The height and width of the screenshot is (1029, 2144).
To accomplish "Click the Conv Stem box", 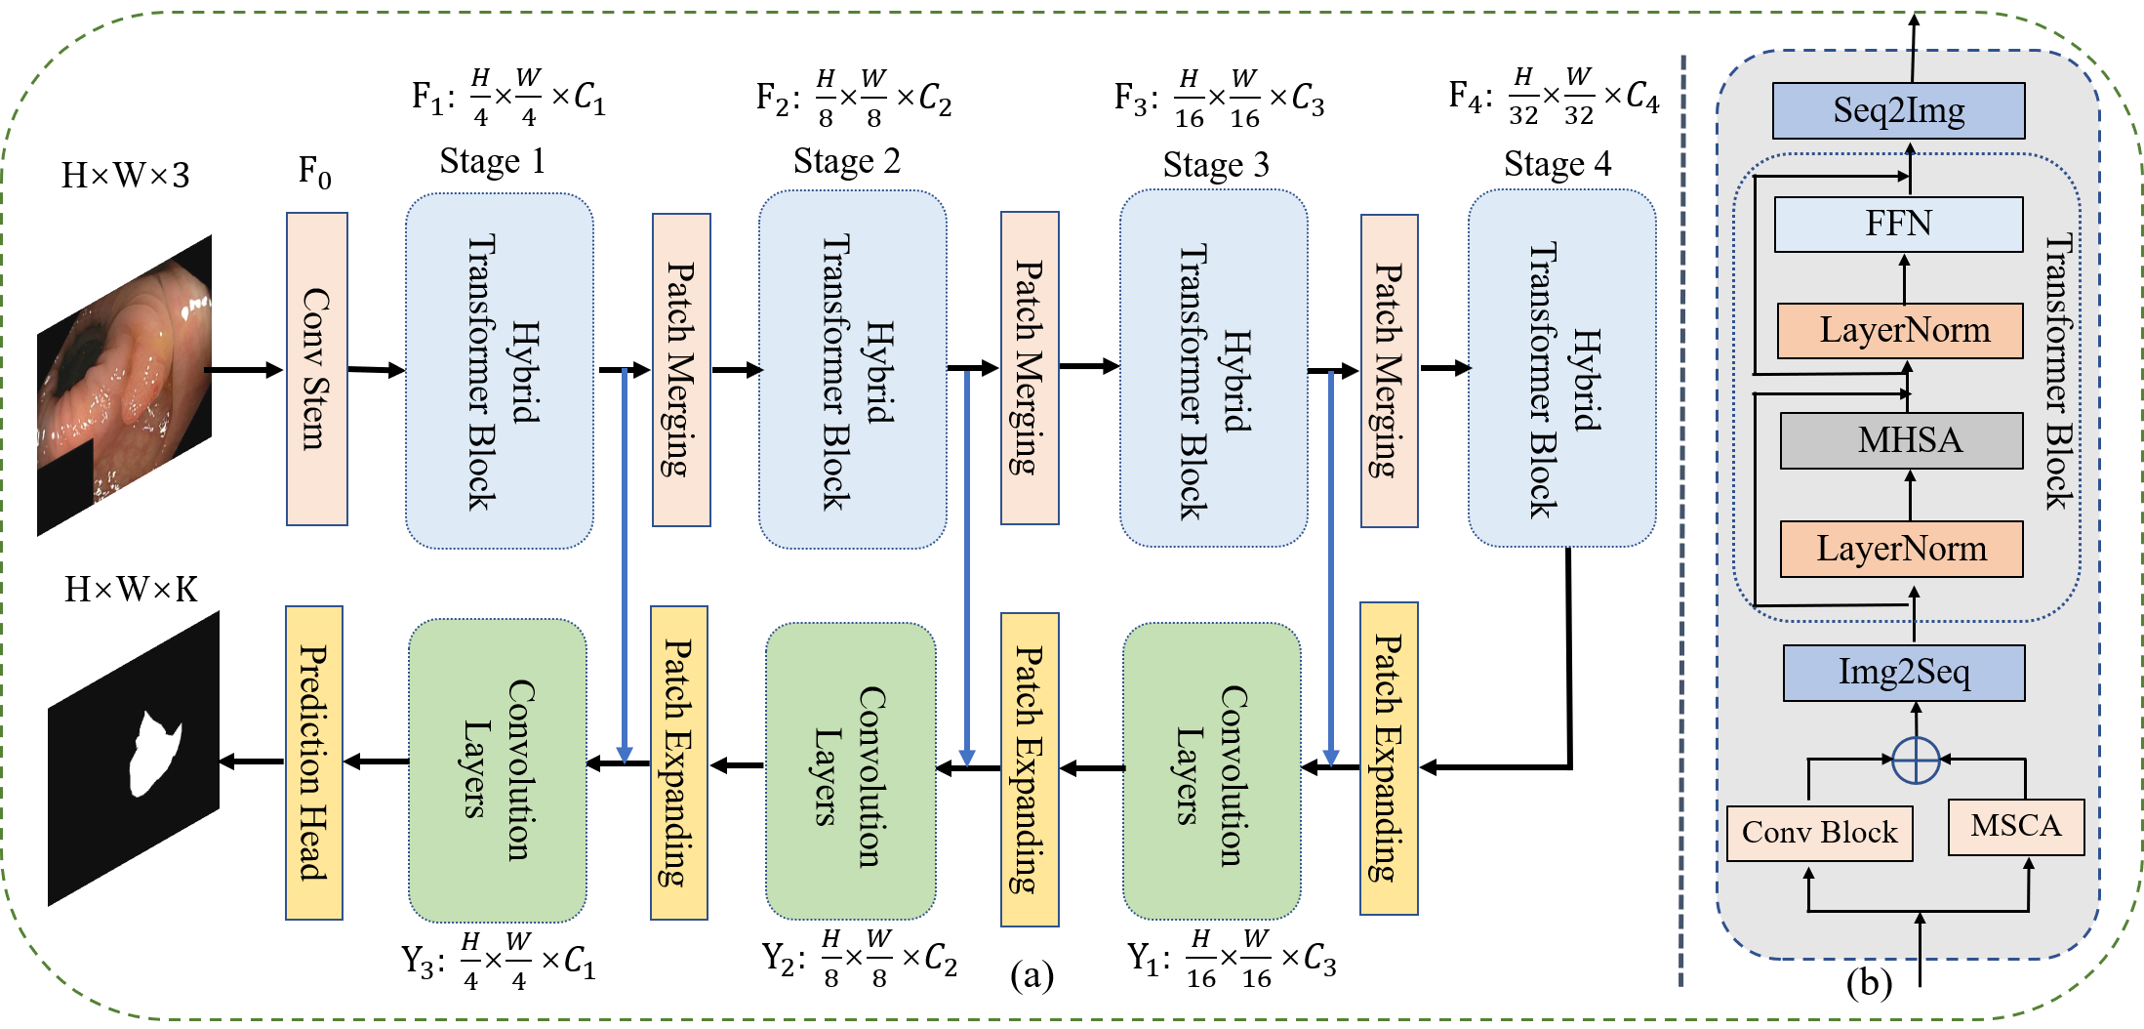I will click(316, 369).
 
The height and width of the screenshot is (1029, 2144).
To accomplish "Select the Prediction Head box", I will click(313, 762).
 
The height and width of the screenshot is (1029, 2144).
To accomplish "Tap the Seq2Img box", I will click(1898, 110).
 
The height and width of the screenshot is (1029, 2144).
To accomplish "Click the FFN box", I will click(1898, 224).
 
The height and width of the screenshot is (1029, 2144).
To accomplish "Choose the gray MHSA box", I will click(1901, 440).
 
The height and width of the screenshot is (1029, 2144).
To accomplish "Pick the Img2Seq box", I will click(1903, 673).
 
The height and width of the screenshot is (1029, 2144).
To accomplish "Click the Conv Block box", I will click(1819, 833).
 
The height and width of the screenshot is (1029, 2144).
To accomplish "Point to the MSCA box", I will click(2015, 827).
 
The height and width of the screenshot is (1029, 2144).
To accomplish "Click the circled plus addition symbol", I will click(1915, 760).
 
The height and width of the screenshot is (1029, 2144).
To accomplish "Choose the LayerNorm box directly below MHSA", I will click(1901, 549).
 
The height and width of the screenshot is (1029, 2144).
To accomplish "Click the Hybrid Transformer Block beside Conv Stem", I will click(499, 371).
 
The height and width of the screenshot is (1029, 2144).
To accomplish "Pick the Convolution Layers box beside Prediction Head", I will click(498, 770).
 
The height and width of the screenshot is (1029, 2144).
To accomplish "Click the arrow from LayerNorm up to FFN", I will click(1904, 278).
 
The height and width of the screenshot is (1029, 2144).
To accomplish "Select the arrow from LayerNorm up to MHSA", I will click(1910, 495).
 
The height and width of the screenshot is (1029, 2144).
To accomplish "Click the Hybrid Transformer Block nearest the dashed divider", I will click(1561, 369).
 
